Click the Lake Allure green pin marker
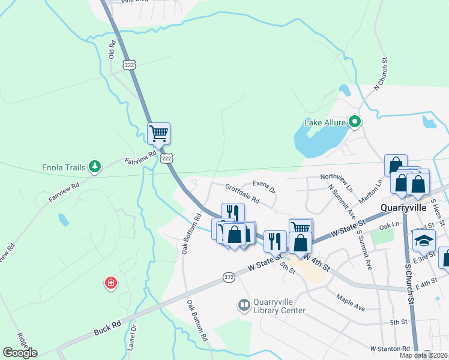click(x=355, y=122)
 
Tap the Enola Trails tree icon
click(x=94, y=166)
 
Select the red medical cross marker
click(x=110, y=282)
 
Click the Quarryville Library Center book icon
click(x=244, y=306)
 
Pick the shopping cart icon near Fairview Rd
click(x=158, y=133)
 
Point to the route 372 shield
click(x=229, y=275)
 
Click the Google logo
click(x=19, y=353)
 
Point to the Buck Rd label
click(x=108, y=328)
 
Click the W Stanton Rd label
click(x=390, y=349)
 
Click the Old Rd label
click(x=112, y=49)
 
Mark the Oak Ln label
click(x=390, y=226)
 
